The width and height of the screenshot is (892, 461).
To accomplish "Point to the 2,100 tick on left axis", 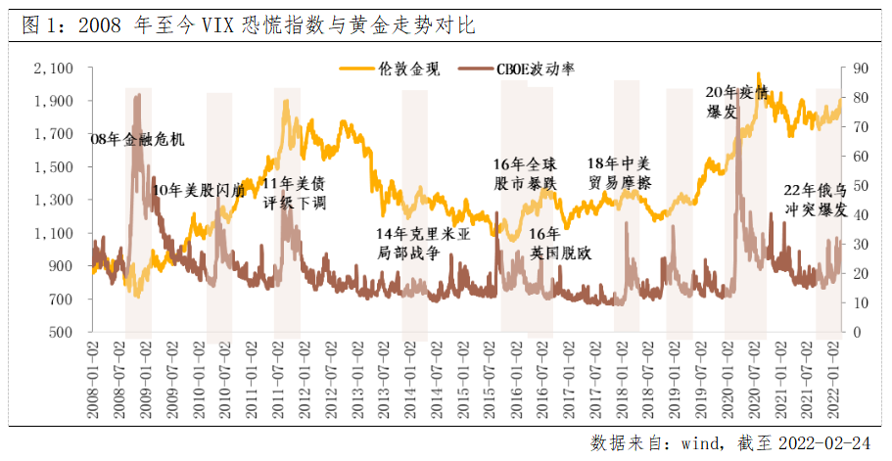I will click(x=54, y=69).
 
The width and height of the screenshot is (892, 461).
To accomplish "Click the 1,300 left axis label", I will click(x=54, y=200).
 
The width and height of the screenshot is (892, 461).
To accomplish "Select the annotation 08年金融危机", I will click(x=136, y=139).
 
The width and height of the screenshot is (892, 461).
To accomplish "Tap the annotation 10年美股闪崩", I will click(x=199, y=190).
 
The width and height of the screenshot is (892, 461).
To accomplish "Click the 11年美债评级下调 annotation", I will click(x=295, y=193).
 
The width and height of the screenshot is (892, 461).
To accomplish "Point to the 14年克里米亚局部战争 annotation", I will click(x=423, y=244).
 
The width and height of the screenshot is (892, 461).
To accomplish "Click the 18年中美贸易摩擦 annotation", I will click(x=619, y=173).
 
